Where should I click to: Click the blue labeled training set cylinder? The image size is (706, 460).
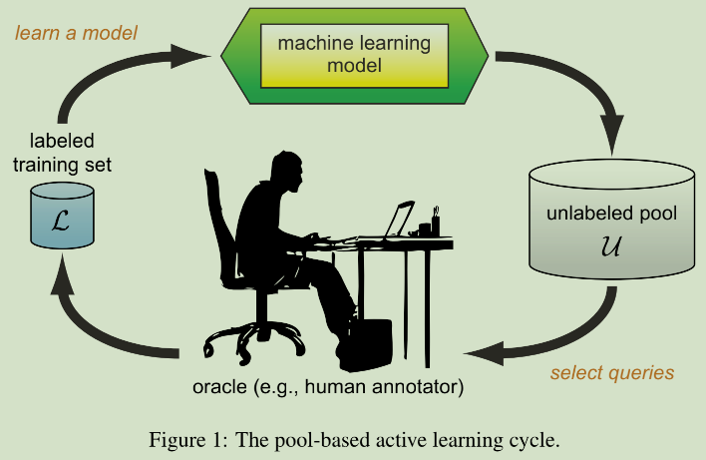point(62,215)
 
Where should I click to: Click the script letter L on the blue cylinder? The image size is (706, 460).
point(61,221)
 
